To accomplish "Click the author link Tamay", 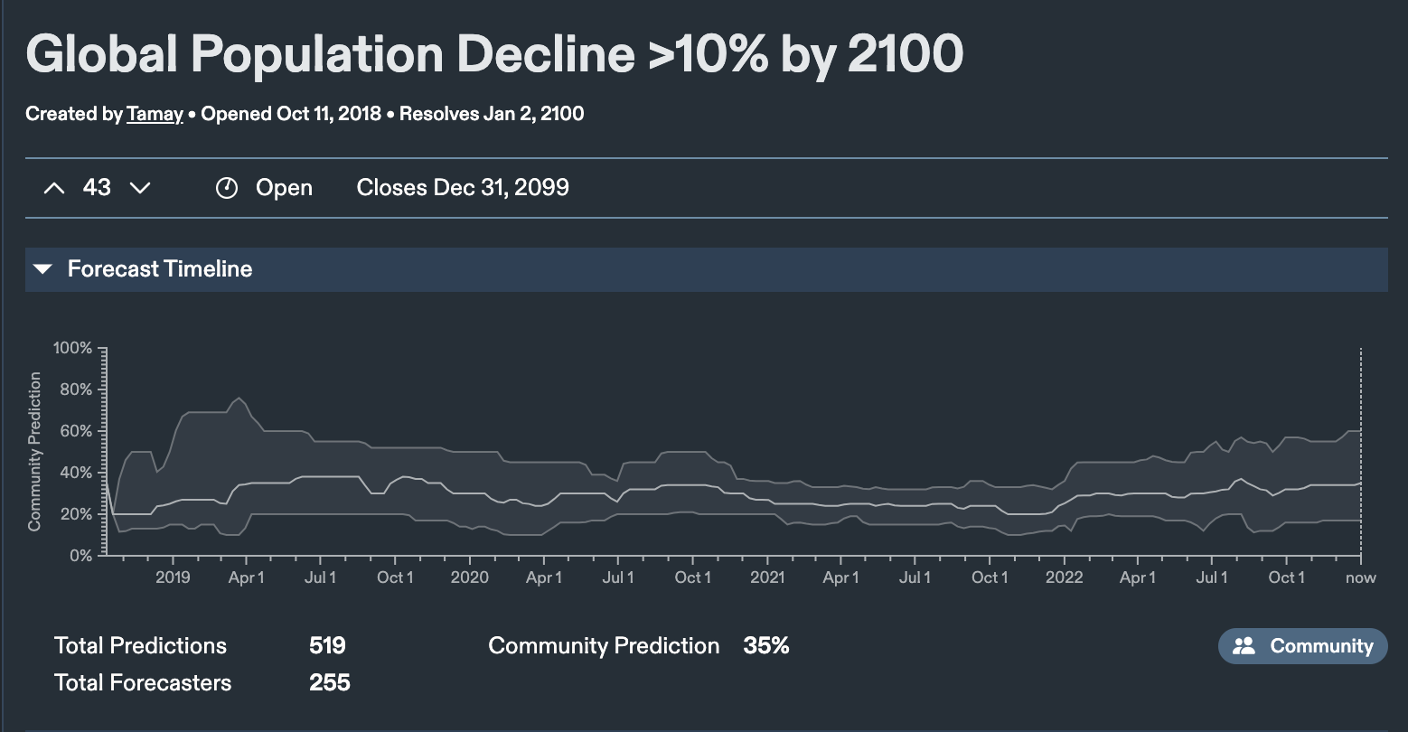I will click(x=155, y=115).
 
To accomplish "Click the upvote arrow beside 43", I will click(x=54, y=188).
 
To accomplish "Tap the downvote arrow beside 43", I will click(x=140, y=188).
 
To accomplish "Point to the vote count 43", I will click(x=97, y=188).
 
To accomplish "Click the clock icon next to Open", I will click(x=226, y=188).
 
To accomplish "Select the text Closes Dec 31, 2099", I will click(x=463, y=188).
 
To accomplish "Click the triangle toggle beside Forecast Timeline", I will click(x=42, y=269).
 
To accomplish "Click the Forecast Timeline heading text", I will click(x=160, y=269).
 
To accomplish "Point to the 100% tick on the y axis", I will click(x=72, y=348).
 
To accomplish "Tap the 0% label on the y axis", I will click(x=80, y=556).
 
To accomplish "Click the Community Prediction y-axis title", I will click(x=35, y=451).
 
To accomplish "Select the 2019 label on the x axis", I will click(x=173, y=577).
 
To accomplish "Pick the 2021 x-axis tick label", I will click(x=767, y=577).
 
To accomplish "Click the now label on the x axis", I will click(x=1360, y=577).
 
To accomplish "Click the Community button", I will click(x=1302, y=646).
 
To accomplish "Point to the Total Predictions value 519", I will click(x=327, y=646).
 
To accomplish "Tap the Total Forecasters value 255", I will click(x=329, y=683).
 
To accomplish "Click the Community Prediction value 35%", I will click(x=766, y=646).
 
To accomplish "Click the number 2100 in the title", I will click(x=906, y=54).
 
